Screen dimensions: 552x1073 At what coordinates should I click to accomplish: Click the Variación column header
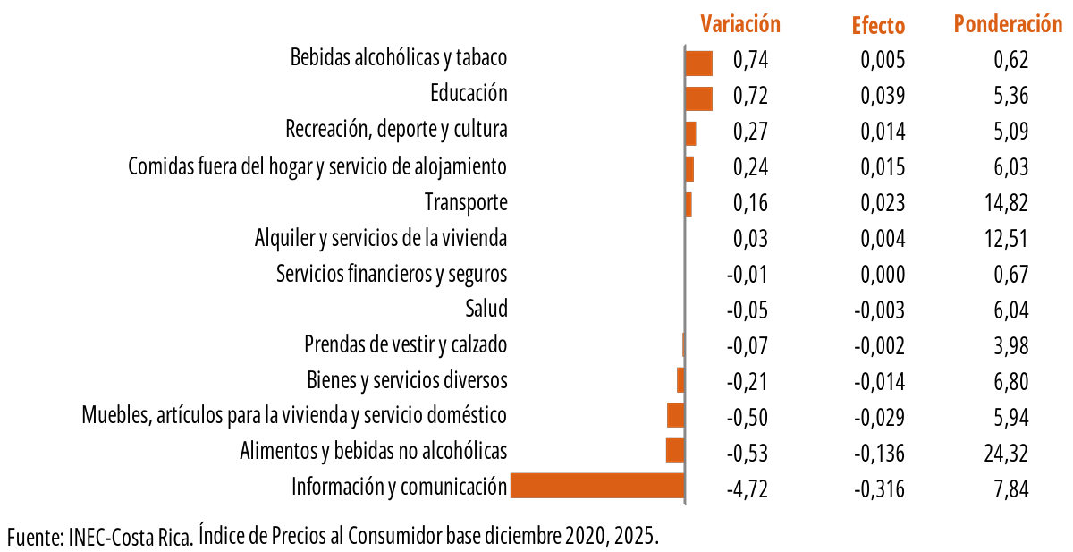(x=739, y=24)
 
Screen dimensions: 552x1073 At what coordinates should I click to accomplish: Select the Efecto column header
(x=878, y=26)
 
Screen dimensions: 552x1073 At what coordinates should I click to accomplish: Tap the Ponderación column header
(x=1008, y=24)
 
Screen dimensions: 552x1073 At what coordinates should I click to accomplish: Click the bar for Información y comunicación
(x=596, y=486)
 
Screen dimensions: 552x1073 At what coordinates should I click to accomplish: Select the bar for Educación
(x=698, y=98)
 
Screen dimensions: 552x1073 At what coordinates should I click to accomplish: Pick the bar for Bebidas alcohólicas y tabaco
(x=698, y=64)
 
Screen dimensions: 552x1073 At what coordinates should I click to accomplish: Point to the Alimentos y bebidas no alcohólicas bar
(x=675, y=450)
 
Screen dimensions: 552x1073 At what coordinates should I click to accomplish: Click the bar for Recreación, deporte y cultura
(x=690, y=133)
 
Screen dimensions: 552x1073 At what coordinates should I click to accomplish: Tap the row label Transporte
(x=466, y=202)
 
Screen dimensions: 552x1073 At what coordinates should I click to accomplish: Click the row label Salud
(x=486, y=310)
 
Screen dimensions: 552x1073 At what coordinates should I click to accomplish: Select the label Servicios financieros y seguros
(x=392, y=274)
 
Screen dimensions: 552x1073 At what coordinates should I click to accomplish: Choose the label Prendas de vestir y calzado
(x=406, y=344)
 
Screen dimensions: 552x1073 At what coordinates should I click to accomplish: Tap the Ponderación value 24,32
(x=1006, y=454)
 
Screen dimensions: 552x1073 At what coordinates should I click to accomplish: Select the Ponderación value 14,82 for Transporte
(x=1006, y=203)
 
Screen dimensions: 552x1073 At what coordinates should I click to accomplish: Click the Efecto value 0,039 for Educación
(x=883, y=96)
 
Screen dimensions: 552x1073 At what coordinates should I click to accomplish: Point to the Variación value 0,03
(x=750, y=239)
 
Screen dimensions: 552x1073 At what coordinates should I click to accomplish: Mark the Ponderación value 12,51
(x=1006, y=239)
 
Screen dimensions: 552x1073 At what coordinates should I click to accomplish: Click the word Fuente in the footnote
(x=31, y=537)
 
